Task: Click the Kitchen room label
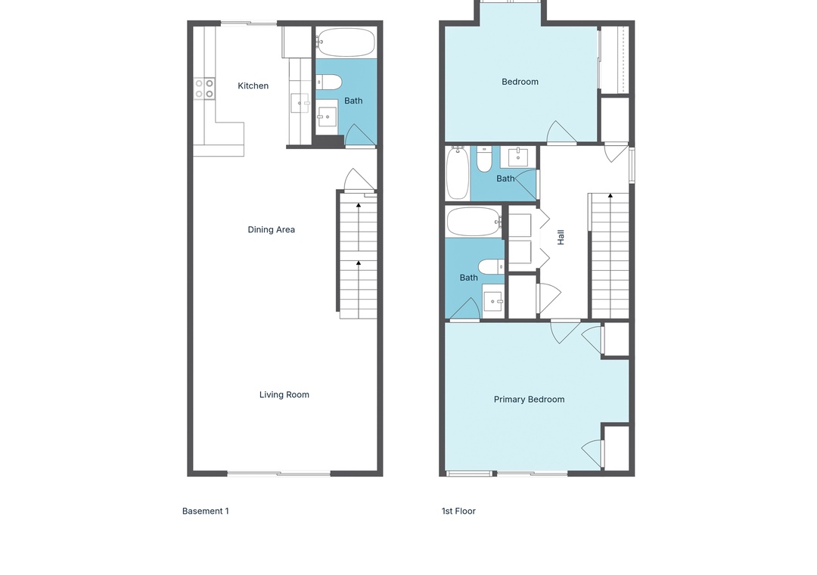tap(253, 86)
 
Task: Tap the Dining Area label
tap(272, 229)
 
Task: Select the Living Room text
tap(284, 395)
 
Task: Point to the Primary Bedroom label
tap(530, 399)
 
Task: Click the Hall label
tap(561, 238)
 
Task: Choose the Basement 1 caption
tap(206, 511)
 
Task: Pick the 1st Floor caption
tap(458, 511)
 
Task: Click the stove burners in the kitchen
tap(204, 89)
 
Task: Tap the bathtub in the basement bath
tap(346, 42)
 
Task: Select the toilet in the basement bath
tap(329, 82)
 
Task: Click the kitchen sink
tap(300, 103)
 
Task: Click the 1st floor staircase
tap(610, 256)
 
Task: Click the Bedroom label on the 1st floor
tap(520, 82)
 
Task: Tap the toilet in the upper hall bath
tap(484, 160)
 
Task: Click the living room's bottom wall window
tap(278, 474)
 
